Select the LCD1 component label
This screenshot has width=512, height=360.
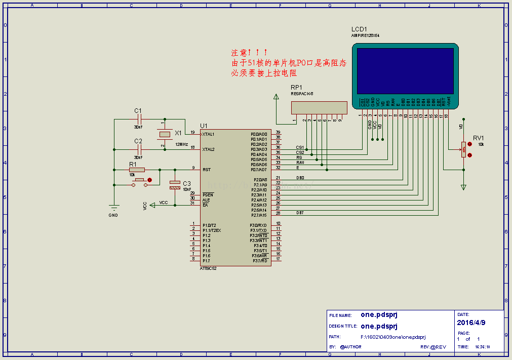pyautogui.click(x=359, y=29)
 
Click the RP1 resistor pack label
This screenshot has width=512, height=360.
pyautogui.click(x=296, y=87)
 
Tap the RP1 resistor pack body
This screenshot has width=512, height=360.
pyautogui.click(x=319, y=107)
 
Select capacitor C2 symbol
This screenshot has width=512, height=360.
pyautogui.click(x=138, y=149)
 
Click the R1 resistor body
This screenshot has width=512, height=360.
pyautogui.click(x=137, y=170)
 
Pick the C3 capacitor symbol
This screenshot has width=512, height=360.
pyautogui.click(x=175, y=184)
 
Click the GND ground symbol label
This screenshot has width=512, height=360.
pyautogui.click(x=113, y=215)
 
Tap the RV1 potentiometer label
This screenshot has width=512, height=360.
pyautogui.click(x=478, y=138)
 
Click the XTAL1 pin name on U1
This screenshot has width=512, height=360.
pyautogui.click(x=208, y=134)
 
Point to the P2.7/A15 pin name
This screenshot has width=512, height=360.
pyautogui.click(x=259, y=215)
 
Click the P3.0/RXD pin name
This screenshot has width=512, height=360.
pyautogui.click(x=259, y=225)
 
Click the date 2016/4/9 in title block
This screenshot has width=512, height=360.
pyautogui.click(x=471, y=323)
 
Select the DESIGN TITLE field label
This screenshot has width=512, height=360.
pyautogui.click(x=343, y=327)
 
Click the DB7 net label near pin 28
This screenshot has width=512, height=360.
pyautogui.click(x=300, y=213)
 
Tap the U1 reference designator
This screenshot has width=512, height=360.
pyautogui.click(x=204, y=126)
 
